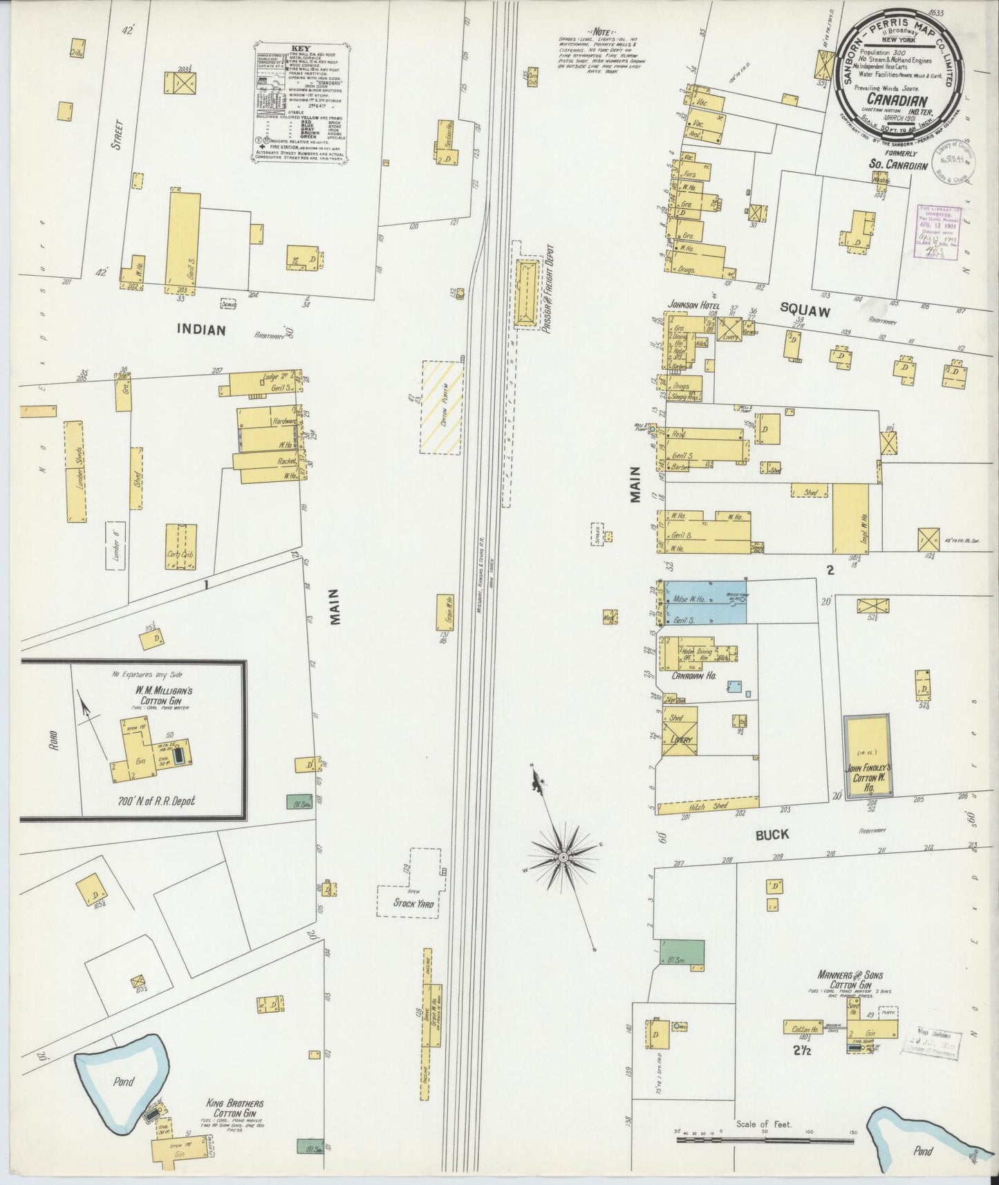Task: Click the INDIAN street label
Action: point(201,330)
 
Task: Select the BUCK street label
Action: point(772,834)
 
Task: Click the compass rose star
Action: point(563,857)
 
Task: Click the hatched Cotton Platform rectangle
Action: point(442,407)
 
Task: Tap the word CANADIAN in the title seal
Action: point(897,100)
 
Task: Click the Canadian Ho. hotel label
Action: point(694,675)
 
